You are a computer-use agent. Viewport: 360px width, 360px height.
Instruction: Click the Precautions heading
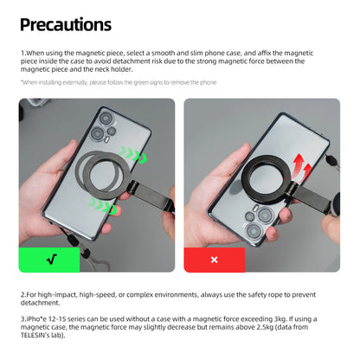pos(66,25)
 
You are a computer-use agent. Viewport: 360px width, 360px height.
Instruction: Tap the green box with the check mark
pos(49,260)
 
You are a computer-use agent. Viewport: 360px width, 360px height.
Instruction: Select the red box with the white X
pos(215,260)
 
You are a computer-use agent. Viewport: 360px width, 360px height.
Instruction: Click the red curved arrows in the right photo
pos(302,166)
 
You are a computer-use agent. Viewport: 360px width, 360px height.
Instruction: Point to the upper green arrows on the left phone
pos(133,155)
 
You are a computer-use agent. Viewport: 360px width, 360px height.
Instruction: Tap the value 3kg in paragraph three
pos(280,319)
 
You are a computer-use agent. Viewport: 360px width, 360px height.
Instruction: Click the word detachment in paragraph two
pos(40,303)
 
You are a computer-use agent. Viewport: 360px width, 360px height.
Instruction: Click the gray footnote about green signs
pos(119,82)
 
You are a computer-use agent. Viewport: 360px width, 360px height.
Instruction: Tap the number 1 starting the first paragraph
pos(22,53)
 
